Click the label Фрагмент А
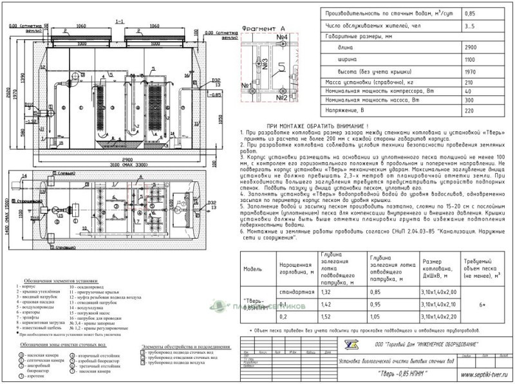264,29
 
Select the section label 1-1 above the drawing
118,22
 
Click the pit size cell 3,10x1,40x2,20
440,316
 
